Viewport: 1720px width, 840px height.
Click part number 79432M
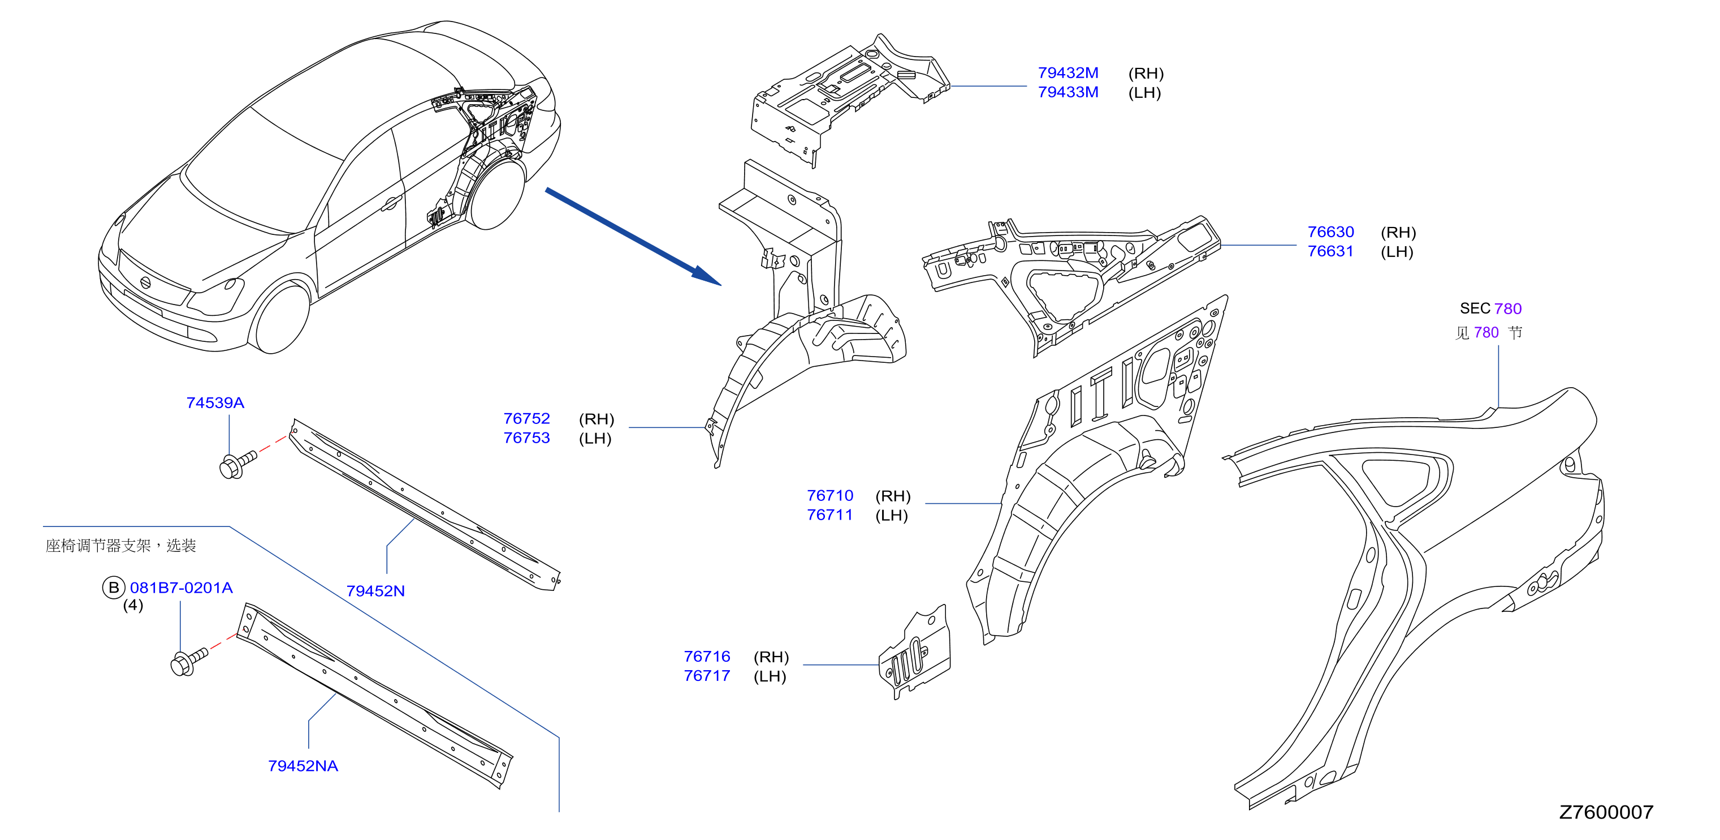pyautogui.click(x=1068, y=73)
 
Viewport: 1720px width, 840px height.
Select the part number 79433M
pyautogui.click(x=1068, y=92)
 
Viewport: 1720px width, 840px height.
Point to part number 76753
pyautogui.click(x=526, y=438)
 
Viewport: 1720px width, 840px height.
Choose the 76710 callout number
pyautogui.click(x=830, y=495)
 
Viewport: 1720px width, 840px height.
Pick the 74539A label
pyautogui.click(x=215, y=403)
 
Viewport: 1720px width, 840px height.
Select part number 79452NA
pyautogui.click(x=302, y=766)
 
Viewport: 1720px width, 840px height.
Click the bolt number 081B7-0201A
pyautogui.click(x=181, y=588)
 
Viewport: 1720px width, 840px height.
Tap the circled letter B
pyautogui.click(x=114, y=588)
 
